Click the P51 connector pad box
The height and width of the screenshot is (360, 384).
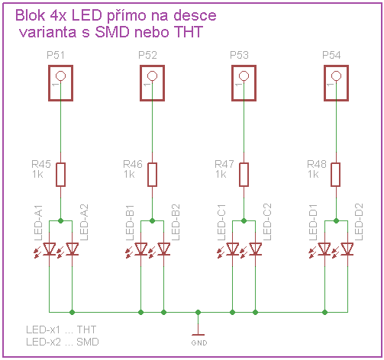(49, 83)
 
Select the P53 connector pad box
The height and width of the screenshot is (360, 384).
(232, 83)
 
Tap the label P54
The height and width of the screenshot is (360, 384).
(331, 55)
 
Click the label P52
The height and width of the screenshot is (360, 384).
(147, 55)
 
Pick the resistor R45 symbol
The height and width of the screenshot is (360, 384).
(60, 175)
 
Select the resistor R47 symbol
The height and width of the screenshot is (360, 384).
(244, 175)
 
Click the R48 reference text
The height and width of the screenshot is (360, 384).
(317, 164)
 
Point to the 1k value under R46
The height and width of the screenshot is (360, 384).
(129, 175)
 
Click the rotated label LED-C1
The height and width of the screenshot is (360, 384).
(221, 222)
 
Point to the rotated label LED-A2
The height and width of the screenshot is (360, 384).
(84, 222)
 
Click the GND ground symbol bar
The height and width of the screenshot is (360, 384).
(198, 335)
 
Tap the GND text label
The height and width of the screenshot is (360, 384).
(199, 343)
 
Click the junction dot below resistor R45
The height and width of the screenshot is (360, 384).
(60, 220)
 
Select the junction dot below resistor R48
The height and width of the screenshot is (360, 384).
(336, 220)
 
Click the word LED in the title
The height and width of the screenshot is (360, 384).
(87, 15)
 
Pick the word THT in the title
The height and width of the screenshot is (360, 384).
(188, 32)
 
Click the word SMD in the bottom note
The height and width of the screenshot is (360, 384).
(88, 342)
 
